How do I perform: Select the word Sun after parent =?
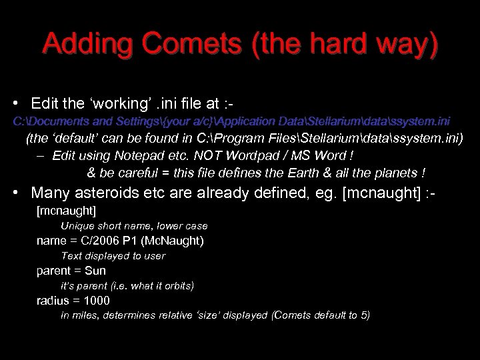tap(95, 271)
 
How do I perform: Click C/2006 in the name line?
tap(106, 241)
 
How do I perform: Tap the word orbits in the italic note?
tap(176, 285)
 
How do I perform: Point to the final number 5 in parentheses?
tap(362, 315)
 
